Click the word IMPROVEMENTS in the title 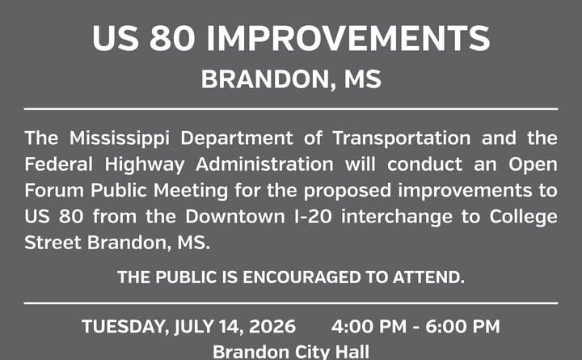[348, 38]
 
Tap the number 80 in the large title [172, 38]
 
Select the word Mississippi [120, 139]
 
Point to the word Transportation [402, 139]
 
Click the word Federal [58, 164]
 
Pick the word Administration [264, 164]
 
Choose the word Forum [54, 190]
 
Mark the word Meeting [191, 191]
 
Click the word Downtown [235, 216]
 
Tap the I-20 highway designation [313, 216]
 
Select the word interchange [397, 217]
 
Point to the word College [523, 217]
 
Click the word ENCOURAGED [302, 277]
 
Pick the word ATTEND [428, 277]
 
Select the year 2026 [272, 327]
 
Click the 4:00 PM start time [369, 327]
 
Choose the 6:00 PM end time [462, 327]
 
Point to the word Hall [352, 352]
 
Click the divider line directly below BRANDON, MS [291, 109]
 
